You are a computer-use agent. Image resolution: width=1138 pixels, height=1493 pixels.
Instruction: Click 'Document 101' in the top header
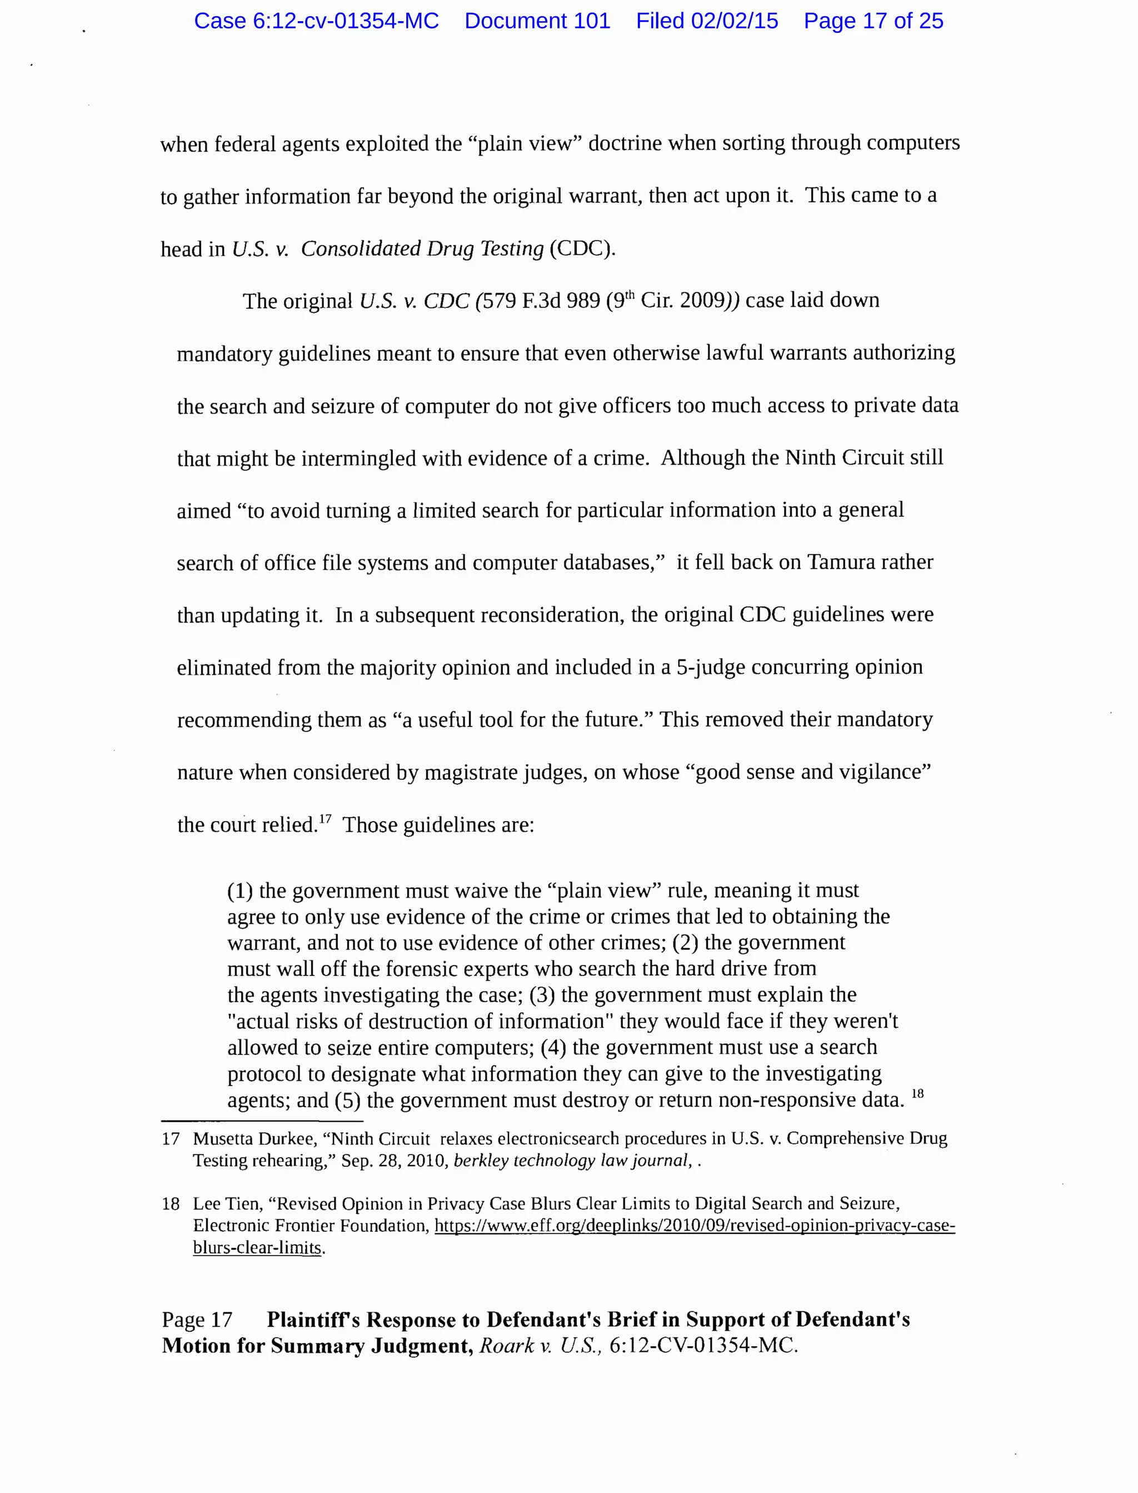click(x=537, y=21)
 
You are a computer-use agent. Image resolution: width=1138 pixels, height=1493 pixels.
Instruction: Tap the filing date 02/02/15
click(x=734, y=21)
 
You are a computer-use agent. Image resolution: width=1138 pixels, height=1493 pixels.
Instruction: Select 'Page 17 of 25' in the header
click(x=873, y=21)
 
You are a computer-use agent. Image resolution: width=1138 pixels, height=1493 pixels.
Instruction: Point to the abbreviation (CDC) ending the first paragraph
click(x=581, y=248)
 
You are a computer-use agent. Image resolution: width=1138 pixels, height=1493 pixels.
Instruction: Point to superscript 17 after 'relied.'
click(x=325, y=819)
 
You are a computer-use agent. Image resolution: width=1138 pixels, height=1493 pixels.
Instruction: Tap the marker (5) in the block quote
click(x=347, y=1100)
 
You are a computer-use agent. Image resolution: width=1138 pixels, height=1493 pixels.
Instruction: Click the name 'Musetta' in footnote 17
click(x=220, y=1139)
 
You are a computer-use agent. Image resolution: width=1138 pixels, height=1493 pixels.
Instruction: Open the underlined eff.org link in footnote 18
click(x=695, y=1226)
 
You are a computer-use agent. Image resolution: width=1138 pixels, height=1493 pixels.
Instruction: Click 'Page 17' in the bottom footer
click(x=197, y=1320)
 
